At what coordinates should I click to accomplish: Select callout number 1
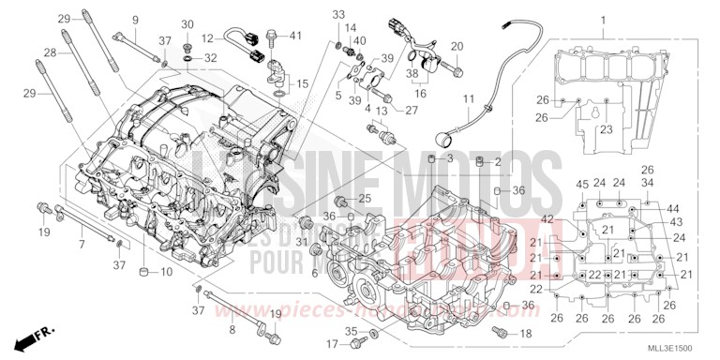(604, 21)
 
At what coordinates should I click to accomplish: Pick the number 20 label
(458, 47)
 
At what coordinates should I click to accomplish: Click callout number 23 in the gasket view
(607, 130)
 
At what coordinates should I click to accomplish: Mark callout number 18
(524, 333)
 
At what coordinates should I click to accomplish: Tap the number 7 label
(82, 244)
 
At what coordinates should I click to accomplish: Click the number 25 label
(366, 198)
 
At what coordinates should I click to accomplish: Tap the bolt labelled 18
(500, 332)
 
